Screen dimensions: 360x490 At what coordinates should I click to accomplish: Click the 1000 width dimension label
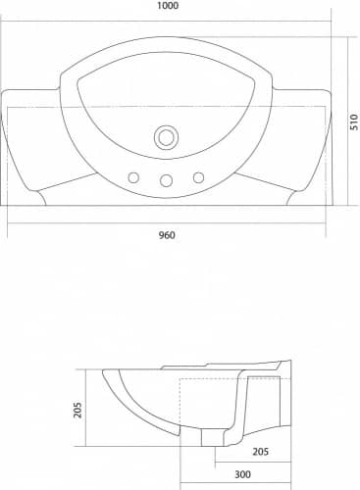(168, 6)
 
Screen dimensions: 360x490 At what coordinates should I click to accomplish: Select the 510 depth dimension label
(354, 122)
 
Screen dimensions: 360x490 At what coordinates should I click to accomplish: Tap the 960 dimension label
(167, 235)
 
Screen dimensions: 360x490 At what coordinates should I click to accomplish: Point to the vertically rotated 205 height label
(77, 410)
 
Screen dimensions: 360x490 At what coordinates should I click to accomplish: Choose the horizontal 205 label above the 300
(260, 452)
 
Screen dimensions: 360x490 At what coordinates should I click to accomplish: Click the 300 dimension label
(242, 474)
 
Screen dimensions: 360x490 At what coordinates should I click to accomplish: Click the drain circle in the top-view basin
(166, 137)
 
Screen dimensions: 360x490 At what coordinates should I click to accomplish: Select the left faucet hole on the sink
(133, 178)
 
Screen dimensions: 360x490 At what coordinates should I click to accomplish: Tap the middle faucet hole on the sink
(166, 180)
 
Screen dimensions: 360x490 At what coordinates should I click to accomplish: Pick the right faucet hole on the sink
(198, 177)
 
